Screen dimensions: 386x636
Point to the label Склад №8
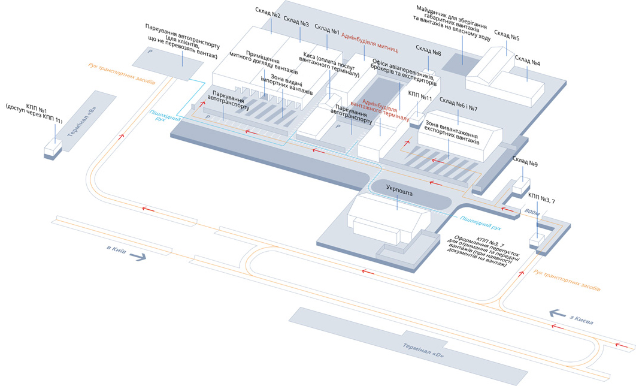(429, 53)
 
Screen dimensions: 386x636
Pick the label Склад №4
(528, 62)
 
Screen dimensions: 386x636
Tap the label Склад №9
(525, 160)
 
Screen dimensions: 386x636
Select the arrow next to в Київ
(137, 257)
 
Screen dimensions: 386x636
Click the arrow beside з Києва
(556, 313)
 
